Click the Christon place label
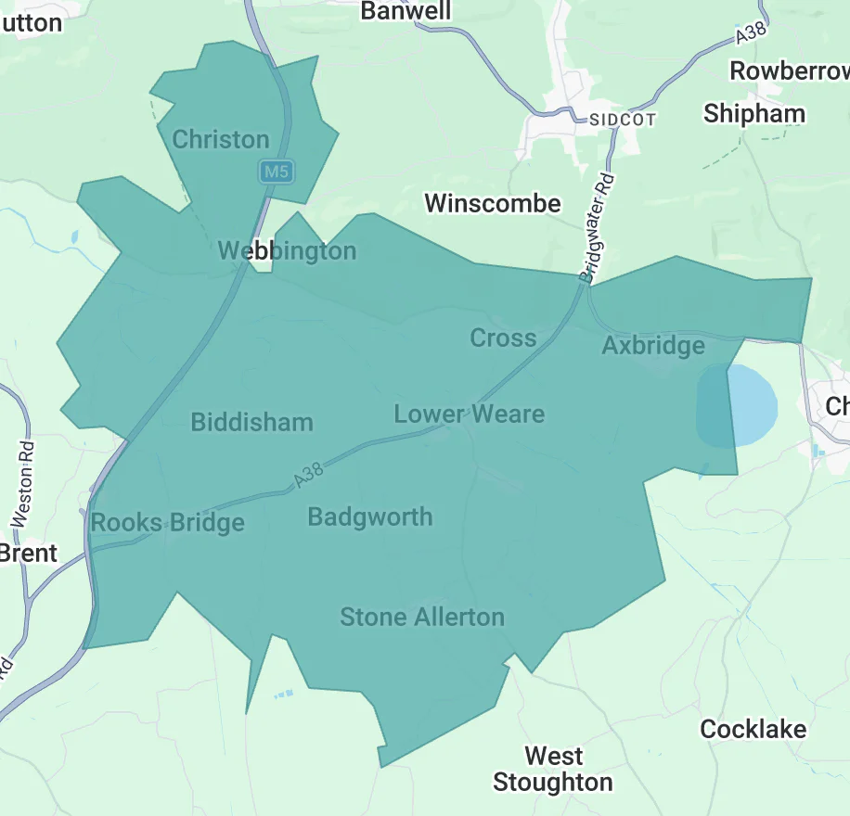tap(221, 140)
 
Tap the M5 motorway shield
tap(276, 172)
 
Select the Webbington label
tap(287, 250)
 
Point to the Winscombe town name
tap(493, 203)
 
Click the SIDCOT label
tap(622, 120)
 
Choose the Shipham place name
tap(754, 114)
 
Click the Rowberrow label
tap(789, 70)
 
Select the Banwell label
tap(406, 11)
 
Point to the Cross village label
tap(503, 338)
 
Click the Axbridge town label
tap(653, 346)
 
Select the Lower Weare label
tap(469, 414)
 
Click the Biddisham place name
tap(251, 423)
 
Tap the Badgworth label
tap(370, 516)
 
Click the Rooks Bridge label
tap(168, 523)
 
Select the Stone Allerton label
tap(422, 617)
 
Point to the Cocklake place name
tap(753, 729)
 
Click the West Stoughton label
tap(553, 770)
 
